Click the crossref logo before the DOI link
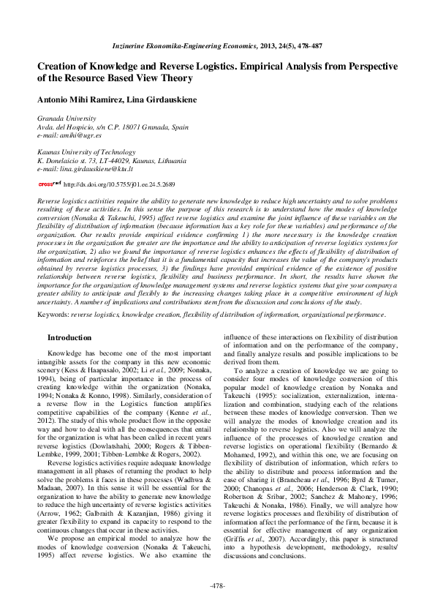[49, 185]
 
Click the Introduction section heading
[69, 337]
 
